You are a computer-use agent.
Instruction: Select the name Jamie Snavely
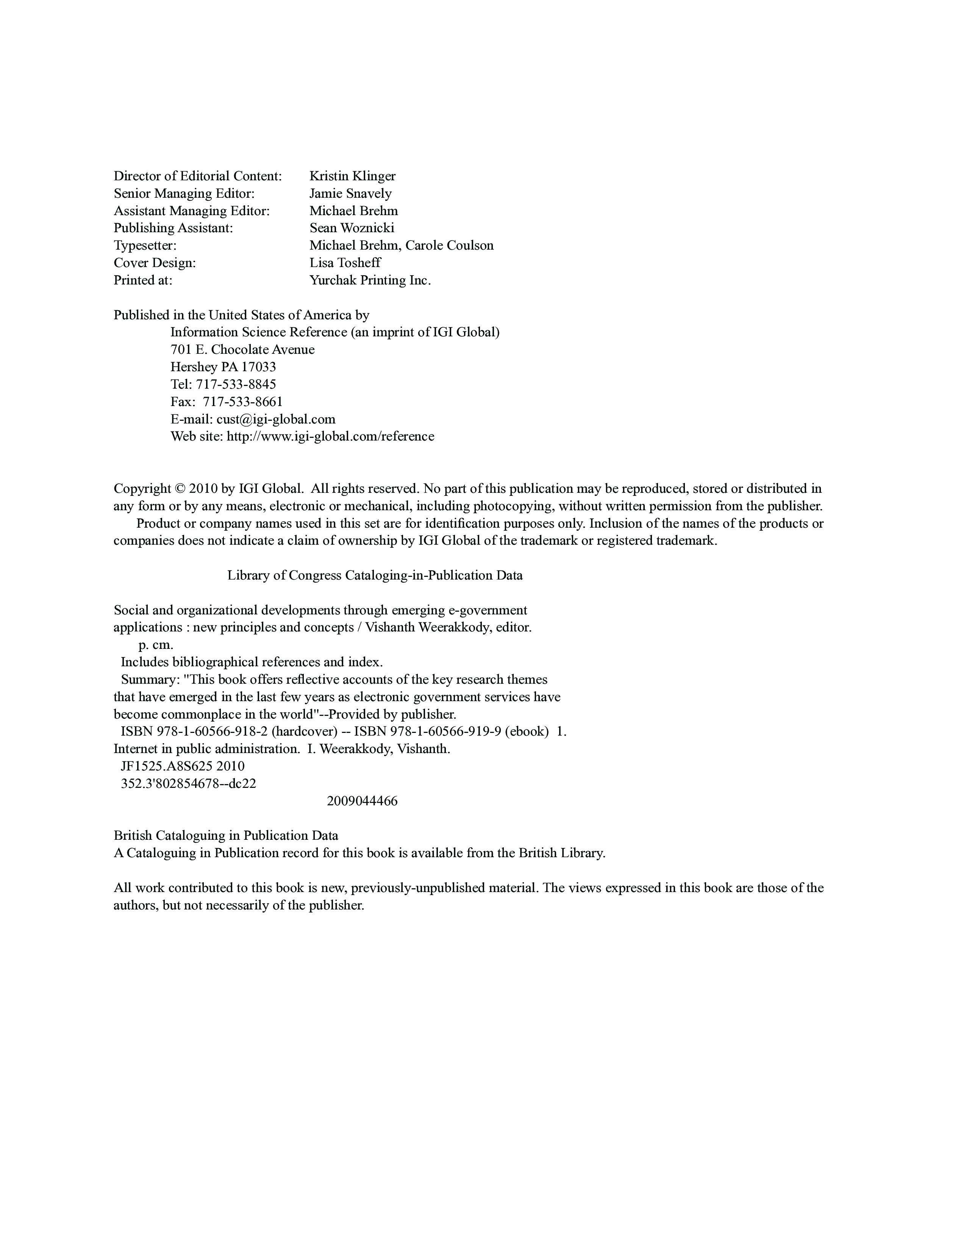click(x=350, y=194)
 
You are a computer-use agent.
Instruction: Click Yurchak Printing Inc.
click(x=370, y=280)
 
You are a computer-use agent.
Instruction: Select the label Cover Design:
click(x=155, y=263)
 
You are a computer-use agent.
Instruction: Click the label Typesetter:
click(x=145, y=245)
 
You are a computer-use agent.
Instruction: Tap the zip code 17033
click(x=258, y=367)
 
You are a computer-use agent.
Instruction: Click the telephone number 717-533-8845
click(x=236, y=384)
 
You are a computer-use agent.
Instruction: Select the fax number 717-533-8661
click(x=243, y=402)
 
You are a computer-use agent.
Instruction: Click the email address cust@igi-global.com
click(x=276, y=419)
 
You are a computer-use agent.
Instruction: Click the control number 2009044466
click(x=362, y=801)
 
